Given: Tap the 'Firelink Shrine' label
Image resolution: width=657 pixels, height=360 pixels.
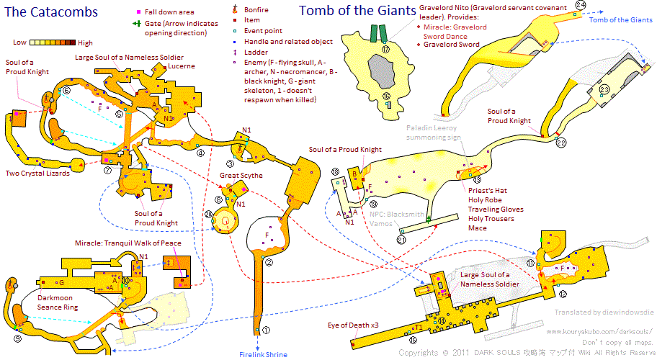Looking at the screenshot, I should point(263,354).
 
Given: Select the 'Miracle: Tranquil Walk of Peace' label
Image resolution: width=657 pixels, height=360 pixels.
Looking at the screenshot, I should point(127,243).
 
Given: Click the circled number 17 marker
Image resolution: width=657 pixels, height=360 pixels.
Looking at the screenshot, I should point(386,50).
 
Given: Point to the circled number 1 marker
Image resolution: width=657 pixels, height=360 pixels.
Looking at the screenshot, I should point(265,330).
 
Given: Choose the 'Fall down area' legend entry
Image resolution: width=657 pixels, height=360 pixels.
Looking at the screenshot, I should point(178,12).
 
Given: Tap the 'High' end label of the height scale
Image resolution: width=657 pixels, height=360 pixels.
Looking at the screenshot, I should point(84,43).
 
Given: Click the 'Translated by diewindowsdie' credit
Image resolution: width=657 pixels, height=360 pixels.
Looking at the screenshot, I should point(603,313).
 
